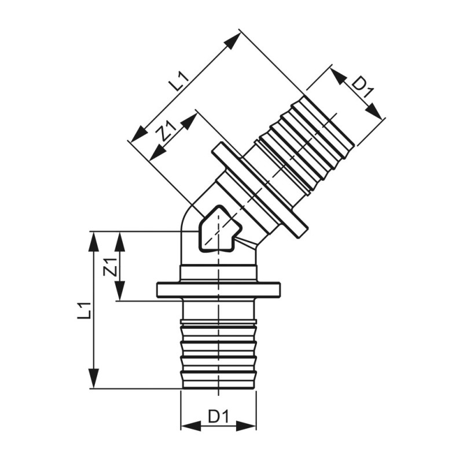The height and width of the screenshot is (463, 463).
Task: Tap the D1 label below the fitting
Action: (x=219, y=416)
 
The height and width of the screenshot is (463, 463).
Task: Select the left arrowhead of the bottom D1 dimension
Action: (x=190, y=426)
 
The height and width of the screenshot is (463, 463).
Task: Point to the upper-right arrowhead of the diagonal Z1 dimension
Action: (x=189, y=121)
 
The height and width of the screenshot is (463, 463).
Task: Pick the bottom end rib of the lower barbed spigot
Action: (x=219, y=381)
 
